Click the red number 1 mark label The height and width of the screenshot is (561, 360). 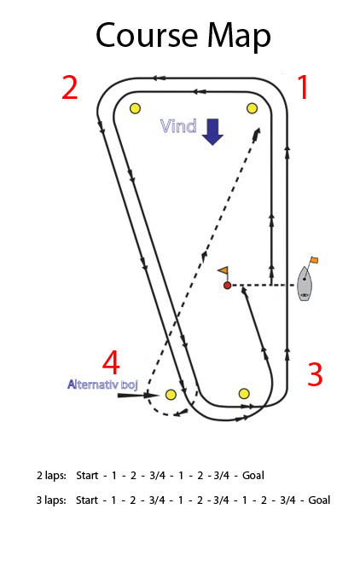click(x=304, y=87)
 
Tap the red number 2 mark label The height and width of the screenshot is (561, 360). click(x=69, y=87)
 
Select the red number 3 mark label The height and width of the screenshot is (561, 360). click(x=315, y=374)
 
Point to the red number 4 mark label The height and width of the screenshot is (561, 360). click(x=111, y=362)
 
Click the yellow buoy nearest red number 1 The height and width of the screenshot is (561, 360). click(x=253, y=108)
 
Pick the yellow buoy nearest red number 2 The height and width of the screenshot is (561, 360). click(x=135, y=108)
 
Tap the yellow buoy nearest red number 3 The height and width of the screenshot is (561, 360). click(x=244, y=394)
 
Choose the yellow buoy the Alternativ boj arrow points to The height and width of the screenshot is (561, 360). click(x=171, y=395)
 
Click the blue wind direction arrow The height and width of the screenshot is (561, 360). click(x=212, y=131)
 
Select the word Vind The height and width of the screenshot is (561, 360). click(x=178, y=126)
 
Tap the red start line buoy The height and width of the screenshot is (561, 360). click(x=227, y=286)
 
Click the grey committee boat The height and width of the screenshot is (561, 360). click(x=305, y=283)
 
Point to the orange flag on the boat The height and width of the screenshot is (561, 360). click(x=314, y=260)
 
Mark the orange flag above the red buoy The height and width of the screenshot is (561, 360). click(x=224, y=270)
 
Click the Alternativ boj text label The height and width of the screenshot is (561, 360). click(x=102, y=385)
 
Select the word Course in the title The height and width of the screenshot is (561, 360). click(x=147, y=35)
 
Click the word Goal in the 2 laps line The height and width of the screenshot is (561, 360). click(x=253, y=476)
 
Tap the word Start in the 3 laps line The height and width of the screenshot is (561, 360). click(x=87, y=500)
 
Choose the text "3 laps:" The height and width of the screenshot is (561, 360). click(x=51, y=500)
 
